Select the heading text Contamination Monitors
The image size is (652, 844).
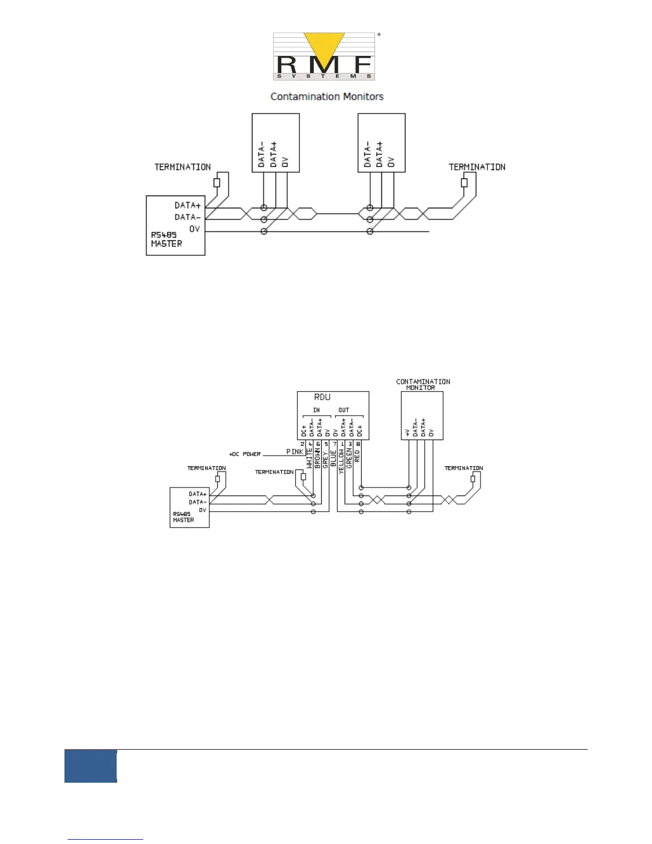click(x=327, y=96)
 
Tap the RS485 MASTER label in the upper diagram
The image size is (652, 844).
click(x=166, y=239)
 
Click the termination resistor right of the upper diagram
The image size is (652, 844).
click(x=464, y=183)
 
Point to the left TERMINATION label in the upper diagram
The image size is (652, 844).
click(x=183, y=167)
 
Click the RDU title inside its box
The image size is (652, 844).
click(x=322, y=397)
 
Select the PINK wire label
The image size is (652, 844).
click(x=295, y=451)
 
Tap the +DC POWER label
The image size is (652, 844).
click(x=245, y=455)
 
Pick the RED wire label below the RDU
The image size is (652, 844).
click(x=357, y=456)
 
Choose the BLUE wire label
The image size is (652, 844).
click(x=333, y=458)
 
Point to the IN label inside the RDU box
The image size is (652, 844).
click(x=316, y=410)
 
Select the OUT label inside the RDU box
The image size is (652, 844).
click(x=344, y=410)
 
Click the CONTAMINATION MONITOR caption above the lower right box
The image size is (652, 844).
click(x=423, y=385)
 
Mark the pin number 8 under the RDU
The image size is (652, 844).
click(x=358, y=444)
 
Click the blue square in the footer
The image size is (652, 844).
click(x=91, y=766)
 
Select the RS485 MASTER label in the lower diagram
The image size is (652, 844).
click(x=183, y=517)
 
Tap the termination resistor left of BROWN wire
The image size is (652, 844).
click(x=304, y=477)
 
